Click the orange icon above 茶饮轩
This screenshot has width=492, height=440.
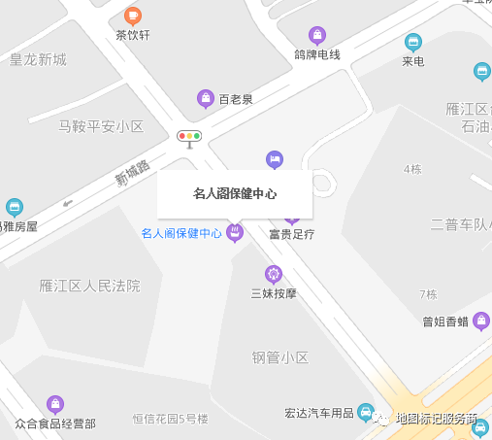point(133,16)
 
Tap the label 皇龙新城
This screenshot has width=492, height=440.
point(38,59)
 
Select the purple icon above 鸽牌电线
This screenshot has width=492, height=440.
point(316,35)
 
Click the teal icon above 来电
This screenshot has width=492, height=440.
point(413,42)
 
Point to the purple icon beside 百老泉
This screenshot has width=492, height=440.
point(206,98)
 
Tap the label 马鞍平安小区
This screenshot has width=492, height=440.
point(101,126)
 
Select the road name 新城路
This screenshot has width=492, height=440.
point(133,174)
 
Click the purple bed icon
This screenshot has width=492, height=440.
point(275,158)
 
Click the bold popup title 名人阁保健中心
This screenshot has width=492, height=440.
point(235,194)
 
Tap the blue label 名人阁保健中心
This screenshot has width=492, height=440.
point(181,233)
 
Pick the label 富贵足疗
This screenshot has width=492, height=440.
point(292,234)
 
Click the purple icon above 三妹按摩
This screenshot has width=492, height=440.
point(274,274)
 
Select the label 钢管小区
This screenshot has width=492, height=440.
point(280,357)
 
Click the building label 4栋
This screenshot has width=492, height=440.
point(412,170)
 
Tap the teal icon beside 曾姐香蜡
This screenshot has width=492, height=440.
point(481,322)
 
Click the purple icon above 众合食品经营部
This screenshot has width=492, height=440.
point(55,404)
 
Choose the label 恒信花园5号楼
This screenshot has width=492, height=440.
point(171,420)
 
